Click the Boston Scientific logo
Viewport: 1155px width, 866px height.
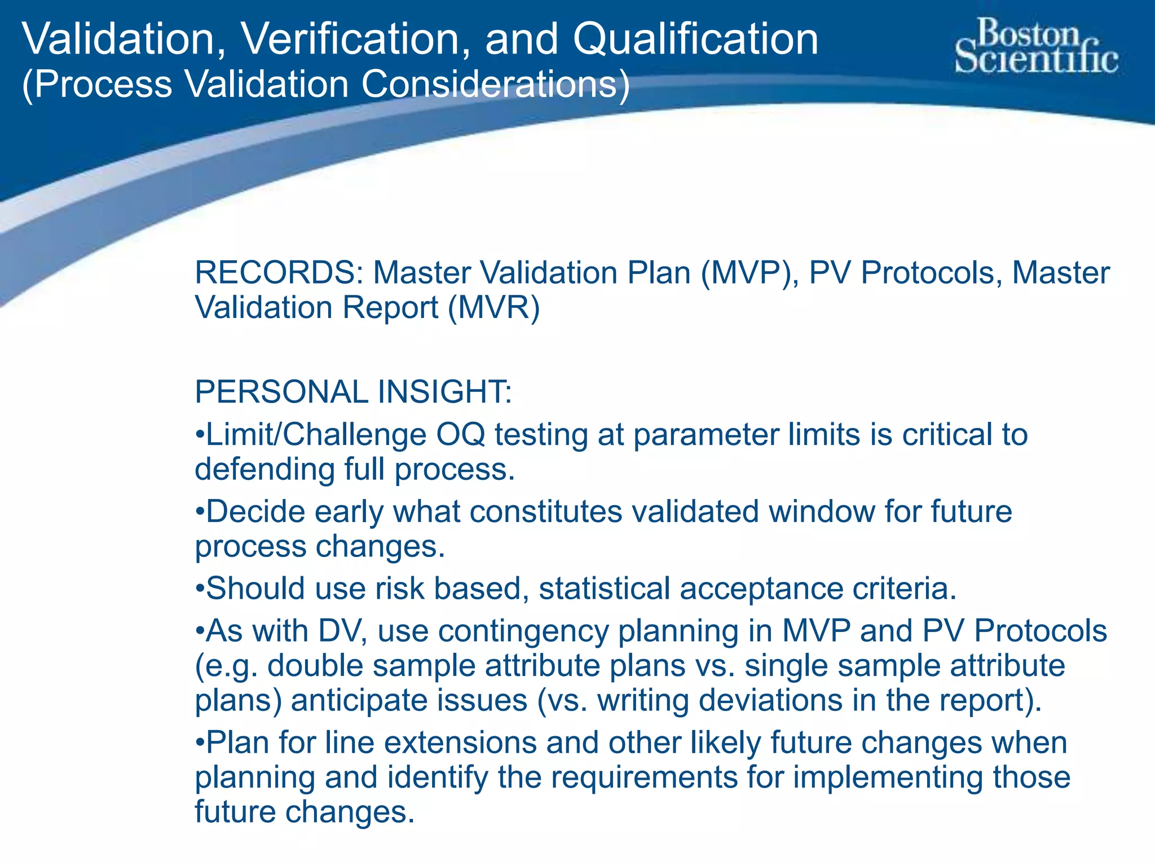(x=1035, y=46)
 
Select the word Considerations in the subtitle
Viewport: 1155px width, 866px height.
(x=495, y=85)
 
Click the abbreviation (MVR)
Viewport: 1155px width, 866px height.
(x=494, y=308)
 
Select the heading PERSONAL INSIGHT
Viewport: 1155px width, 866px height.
(x=353, y=392)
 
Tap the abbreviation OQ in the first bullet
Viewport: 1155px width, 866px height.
(x=460, y=435)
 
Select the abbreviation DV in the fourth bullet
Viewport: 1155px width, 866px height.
(x=338, y=631)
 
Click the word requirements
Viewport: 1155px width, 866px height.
(x=644, y=777)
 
